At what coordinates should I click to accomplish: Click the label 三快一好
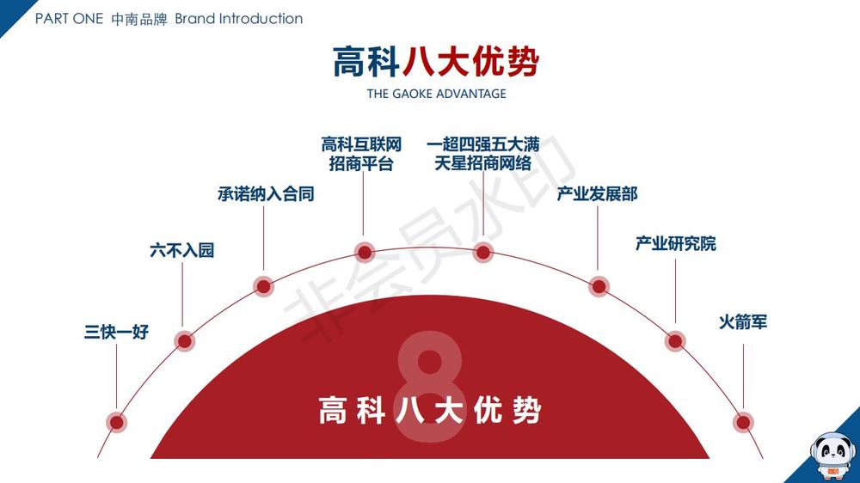(116, 332)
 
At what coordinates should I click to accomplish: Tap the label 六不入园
(181, 251)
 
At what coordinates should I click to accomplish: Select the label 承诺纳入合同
(266, 194)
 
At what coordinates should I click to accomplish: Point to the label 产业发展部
(598, 194)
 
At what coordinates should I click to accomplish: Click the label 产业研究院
(675, 244)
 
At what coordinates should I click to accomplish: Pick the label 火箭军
(743, 323)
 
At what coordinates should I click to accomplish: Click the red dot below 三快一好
(116, 422)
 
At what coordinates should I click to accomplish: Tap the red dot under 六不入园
(184, 340)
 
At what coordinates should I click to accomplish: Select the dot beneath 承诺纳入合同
(264, 286)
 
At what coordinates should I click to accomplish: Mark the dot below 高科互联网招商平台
(365, 252)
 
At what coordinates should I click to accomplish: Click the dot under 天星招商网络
(483, 252)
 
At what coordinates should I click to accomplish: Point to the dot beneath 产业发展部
(599, 286)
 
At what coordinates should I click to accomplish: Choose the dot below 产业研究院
(676, 341)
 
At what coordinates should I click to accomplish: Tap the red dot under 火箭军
(743, 422)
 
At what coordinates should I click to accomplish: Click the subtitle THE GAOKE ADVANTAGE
(436, 94)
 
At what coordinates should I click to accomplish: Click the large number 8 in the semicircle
(430, 392)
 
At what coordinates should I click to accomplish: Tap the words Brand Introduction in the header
(239, 19)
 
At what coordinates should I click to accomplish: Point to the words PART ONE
(69, 19)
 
